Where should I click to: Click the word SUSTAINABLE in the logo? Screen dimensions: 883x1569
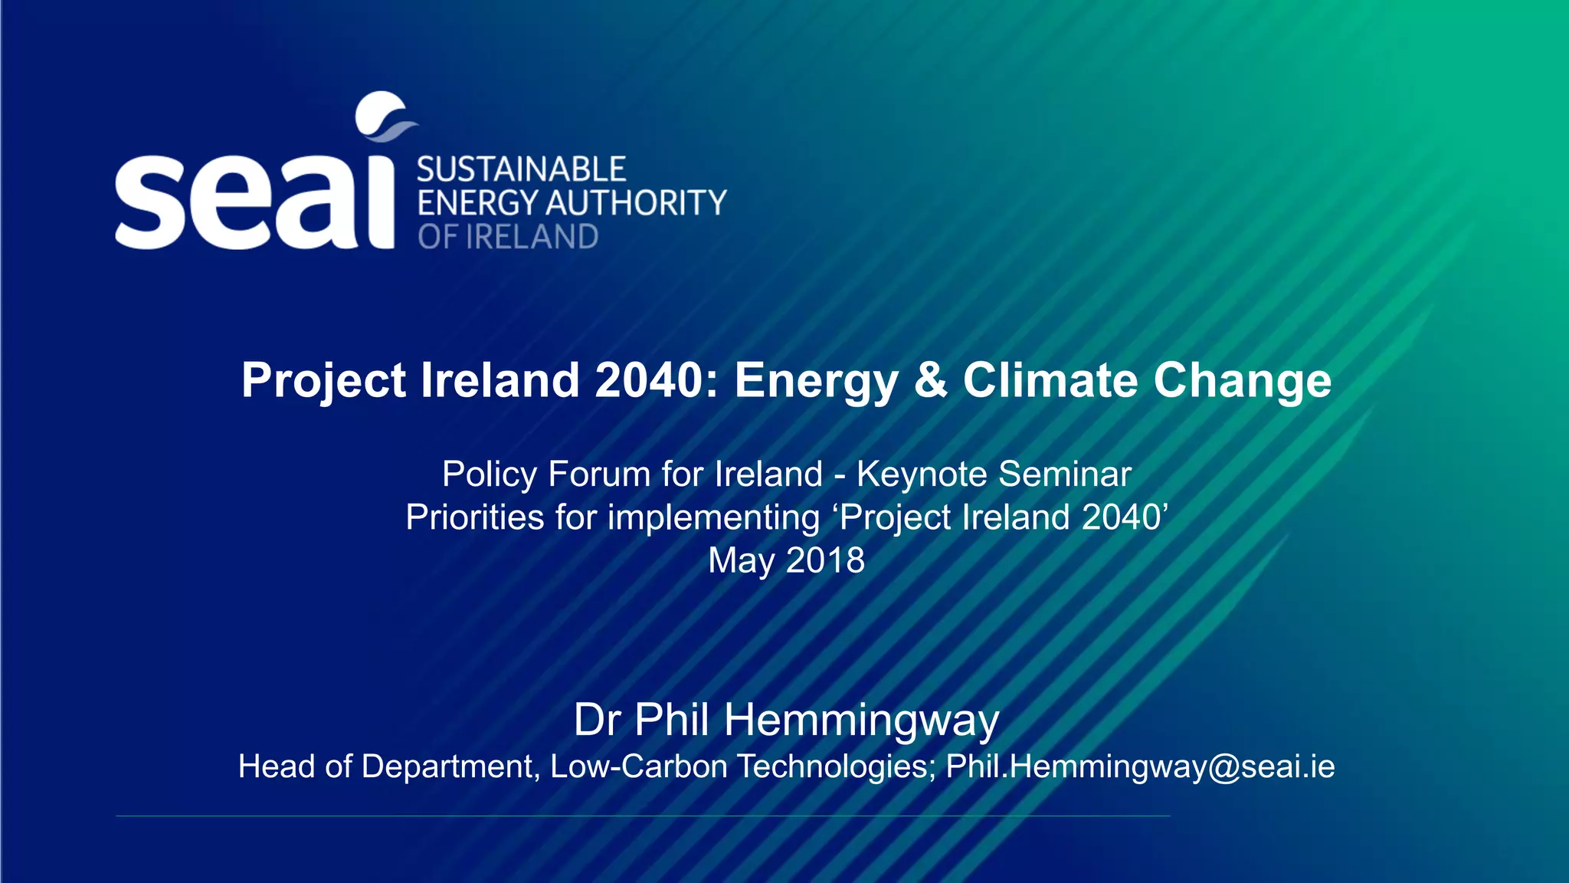coord(521,169)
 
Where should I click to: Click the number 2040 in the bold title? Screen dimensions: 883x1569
coord(648,380)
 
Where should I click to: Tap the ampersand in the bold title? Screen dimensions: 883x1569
coord(930,380)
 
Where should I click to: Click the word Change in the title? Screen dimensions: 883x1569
coord(1243,380)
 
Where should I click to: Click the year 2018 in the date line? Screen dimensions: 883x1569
coord(825,560)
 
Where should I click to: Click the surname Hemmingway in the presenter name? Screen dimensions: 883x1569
coord(861,721)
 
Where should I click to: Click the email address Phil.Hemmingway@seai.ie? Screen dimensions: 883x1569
coord(1140,766)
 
